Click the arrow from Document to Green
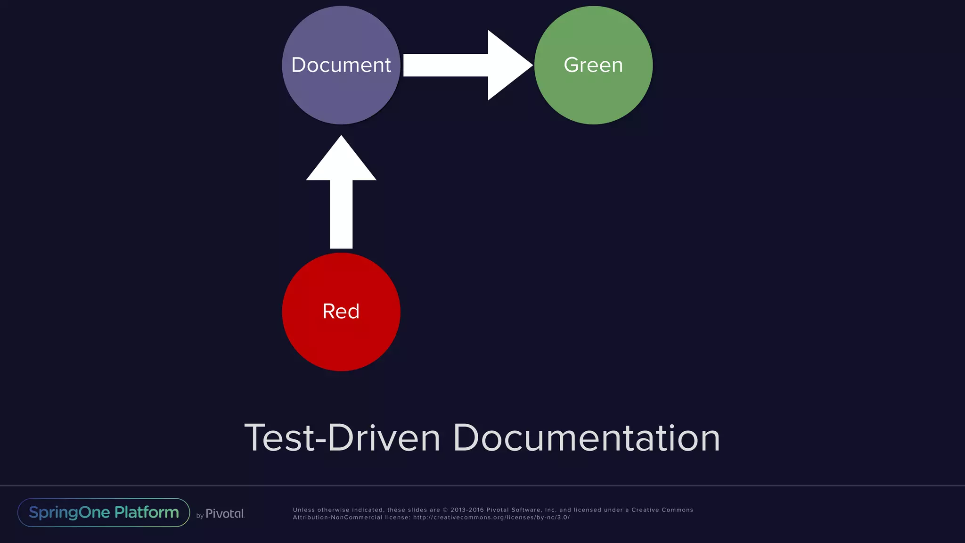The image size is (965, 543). click(x=466, y=65)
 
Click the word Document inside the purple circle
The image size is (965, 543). click(x=341, y=65)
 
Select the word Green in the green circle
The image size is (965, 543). click(x=593, y=65)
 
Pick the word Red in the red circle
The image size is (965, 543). click(x=341, y=312)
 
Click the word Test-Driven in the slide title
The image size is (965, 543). click(x=342, y=438)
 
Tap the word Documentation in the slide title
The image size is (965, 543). click(x=586, y=438)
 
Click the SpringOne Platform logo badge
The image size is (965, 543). click(x=104, y=512)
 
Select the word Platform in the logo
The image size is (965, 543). click(x=147, y=512)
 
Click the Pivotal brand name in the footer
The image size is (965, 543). click(x=225, y=514)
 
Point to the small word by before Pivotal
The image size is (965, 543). click(x=200, y=516)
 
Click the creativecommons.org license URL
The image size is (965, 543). click(x=491, y=518)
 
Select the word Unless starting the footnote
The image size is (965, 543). click(x=304, y=510)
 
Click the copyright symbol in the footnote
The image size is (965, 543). click(x=445, y=510)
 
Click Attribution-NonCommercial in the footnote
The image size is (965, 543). click(x=337, y=518)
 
